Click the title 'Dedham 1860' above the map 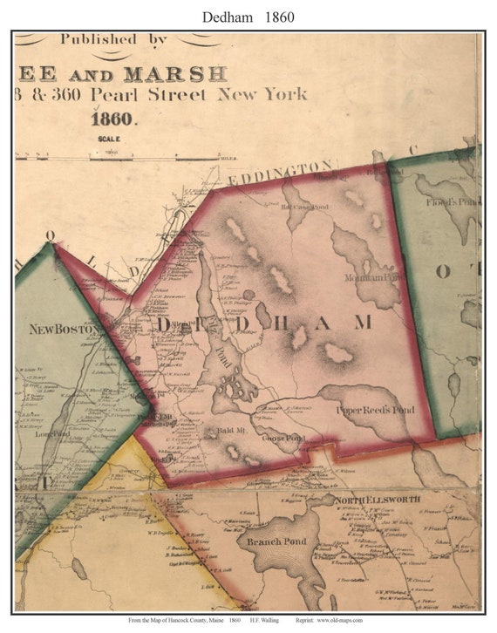pyautogui.click(x=248, y=17)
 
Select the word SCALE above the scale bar pyautogui.click(x=110, y=139)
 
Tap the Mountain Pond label pyautogui.click(x=374, y=276)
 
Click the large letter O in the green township pyautogui.click(x=443, y=271)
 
